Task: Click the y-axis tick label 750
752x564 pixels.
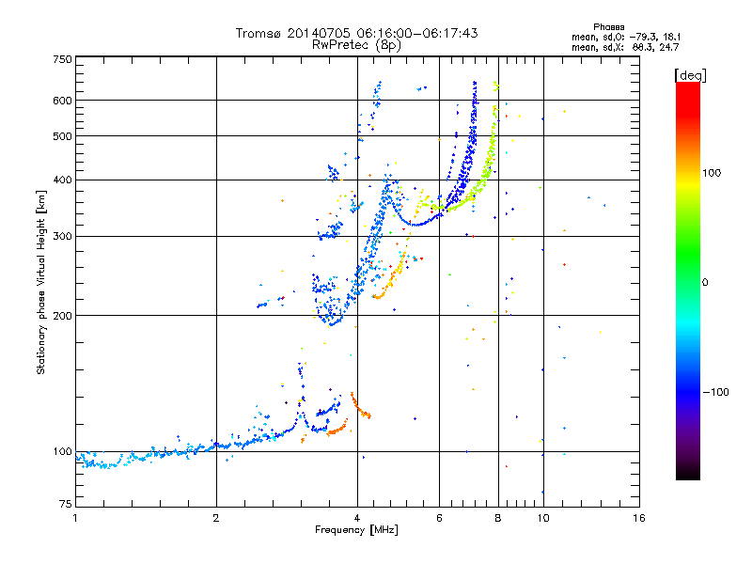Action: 62,59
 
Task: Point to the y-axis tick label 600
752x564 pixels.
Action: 62,101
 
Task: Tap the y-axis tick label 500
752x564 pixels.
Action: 62,136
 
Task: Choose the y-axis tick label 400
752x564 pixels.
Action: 62,180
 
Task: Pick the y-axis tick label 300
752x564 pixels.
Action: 62,236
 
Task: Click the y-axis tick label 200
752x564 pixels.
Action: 62,316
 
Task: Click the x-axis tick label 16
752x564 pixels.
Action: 637,518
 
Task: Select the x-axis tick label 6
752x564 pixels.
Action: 439,518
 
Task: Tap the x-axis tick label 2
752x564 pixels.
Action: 216,518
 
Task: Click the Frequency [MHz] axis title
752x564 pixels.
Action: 357,530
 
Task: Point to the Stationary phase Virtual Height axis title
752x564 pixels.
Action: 41,282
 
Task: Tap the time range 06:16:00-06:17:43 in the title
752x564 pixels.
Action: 410,33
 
